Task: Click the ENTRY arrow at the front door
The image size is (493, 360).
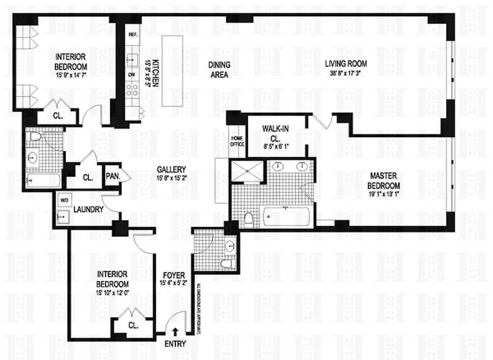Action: coord(175,332)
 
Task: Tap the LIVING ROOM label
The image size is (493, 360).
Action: coord(346,63)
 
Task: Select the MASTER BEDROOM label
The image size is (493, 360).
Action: coord(383,180)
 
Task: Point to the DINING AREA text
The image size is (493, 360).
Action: coord(219,70)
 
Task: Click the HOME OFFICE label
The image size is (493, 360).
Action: coord(238,141)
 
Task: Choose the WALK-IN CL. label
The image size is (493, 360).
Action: coord(276,134)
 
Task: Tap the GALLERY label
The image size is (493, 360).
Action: coord(171,170)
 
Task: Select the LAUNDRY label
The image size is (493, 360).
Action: coord(89,209)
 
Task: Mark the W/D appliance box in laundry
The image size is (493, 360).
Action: coord(63,199)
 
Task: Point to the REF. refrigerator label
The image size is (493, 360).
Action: coord(133,35)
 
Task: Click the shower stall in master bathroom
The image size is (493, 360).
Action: coord(246,171)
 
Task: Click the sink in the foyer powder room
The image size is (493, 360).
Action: coord(230,246)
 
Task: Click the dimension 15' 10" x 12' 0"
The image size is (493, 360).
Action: coord(112,294)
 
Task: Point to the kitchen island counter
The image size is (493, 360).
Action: coord(171,71)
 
